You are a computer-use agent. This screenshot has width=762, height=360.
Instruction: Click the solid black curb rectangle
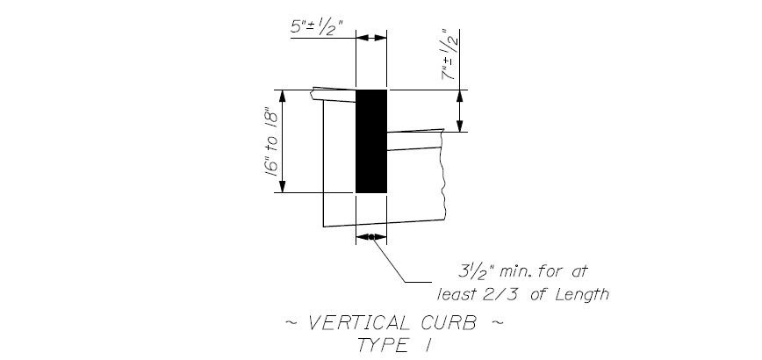[x=371, y=140]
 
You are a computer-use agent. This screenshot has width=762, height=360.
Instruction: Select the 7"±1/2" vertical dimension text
[x=450, y=55]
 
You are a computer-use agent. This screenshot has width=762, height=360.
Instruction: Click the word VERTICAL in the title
[x=359, y=323]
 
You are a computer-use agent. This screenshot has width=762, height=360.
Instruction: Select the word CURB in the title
[x=449, y=323]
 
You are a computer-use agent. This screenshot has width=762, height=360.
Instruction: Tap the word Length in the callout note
[x=583, y=294]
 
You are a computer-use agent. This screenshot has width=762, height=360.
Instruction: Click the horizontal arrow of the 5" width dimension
[x=371, y=38]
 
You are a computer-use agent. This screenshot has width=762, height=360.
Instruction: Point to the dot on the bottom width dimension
[x=371, y=237]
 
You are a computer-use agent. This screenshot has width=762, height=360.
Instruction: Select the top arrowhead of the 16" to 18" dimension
[x=283, y=96]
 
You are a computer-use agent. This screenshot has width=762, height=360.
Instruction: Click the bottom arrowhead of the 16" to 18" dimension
[x=283, y=186]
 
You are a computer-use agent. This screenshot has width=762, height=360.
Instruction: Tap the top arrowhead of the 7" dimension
[x=460, y=96]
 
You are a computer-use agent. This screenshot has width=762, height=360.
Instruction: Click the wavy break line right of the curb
[x=442, y=175]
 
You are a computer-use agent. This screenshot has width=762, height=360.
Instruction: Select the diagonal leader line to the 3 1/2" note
[x=388, y=259]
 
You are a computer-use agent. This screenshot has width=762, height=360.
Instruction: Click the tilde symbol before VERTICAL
[x=291, y=322]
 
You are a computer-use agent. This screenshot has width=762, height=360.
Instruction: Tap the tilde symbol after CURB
[x=497, y=322]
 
